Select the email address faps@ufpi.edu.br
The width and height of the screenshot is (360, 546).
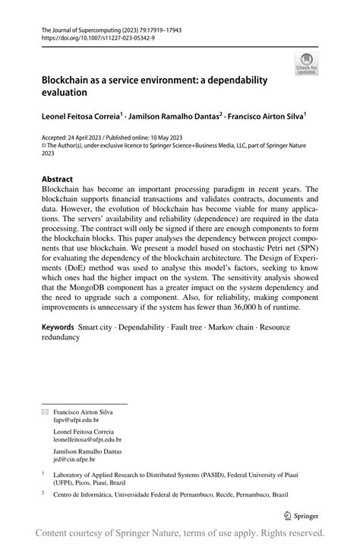click(x=76, y=419)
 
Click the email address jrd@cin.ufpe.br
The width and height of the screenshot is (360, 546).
click(x=76, y=459)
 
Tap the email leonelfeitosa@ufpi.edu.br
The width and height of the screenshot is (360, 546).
click(x=87, y=440)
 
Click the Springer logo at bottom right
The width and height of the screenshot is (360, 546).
click(x=302, y=515)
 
